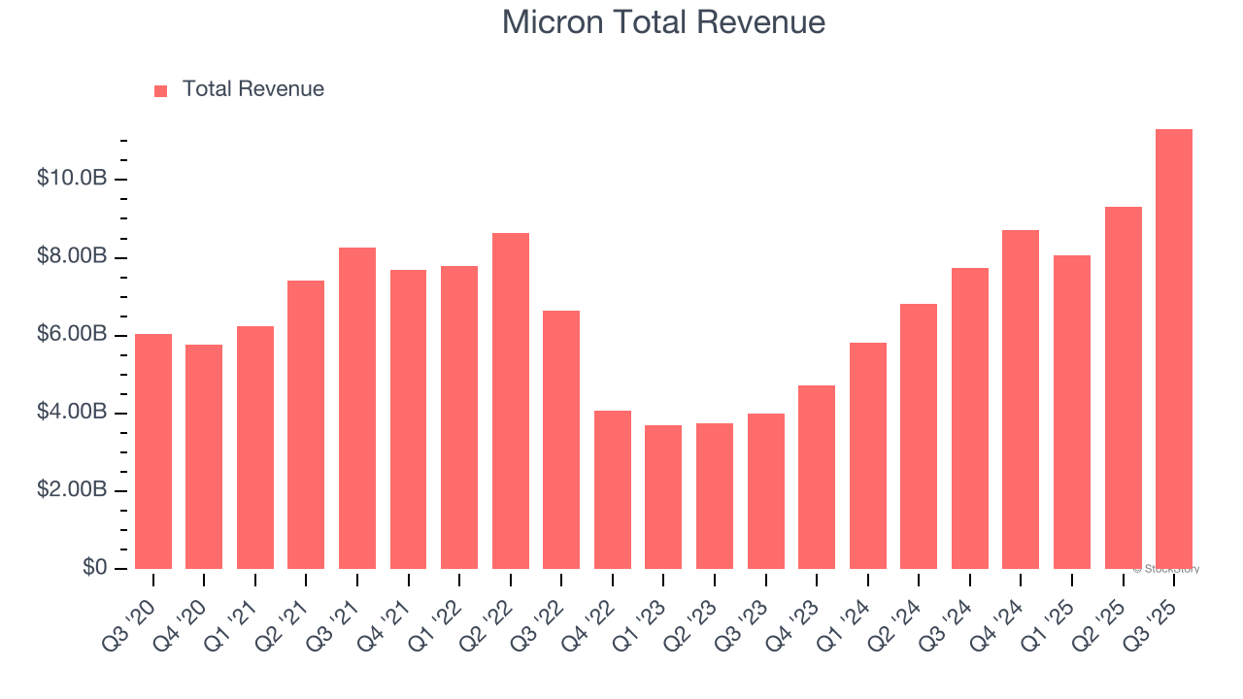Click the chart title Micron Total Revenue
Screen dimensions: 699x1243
pos(663,22)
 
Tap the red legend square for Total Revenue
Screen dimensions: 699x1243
pos(161,90)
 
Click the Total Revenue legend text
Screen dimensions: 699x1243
pos(252,89)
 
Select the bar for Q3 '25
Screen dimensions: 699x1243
pos(1173,349)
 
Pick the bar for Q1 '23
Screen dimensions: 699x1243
pos(663,497)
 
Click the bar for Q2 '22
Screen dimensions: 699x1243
pos(511,401)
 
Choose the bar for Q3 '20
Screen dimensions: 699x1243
pos(153,451)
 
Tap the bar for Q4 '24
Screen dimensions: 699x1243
pos(1021,399)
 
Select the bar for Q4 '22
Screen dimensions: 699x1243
pos(613,489)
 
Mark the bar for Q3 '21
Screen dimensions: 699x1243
pos(357,408)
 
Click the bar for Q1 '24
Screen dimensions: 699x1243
pos(867,455)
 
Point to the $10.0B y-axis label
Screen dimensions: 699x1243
pos(72,179)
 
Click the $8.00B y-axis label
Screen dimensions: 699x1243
pos(72,257)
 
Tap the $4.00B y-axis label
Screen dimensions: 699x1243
pos(72,413)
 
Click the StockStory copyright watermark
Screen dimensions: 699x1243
pos(1165,569)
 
